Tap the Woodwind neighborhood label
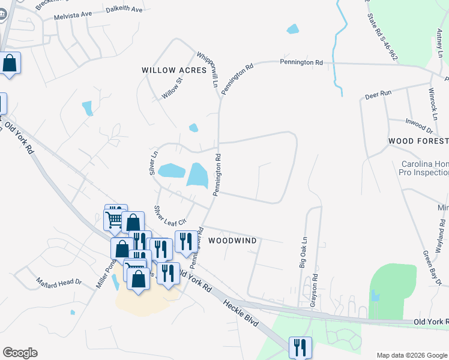(232, 241)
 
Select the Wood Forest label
(418, 141)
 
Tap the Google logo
(20, 353)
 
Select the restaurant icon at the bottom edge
(300, 347)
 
